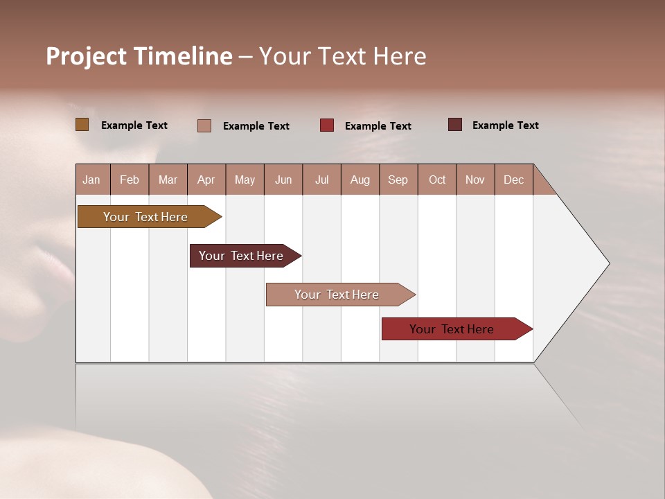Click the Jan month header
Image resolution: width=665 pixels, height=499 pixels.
92,180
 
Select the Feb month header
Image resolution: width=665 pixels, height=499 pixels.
130,180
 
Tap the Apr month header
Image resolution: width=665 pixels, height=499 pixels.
206,180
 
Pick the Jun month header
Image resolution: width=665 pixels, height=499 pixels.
283,180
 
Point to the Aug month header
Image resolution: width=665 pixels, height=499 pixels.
360,180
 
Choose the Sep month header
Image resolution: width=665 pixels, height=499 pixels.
398,180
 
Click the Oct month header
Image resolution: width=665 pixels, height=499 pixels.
437,180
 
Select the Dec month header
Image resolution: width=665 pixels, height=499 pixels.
514,180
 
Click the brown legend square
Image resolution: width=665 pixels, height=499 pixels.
82,125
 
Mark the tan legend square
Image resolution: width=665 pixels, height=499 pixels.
204,125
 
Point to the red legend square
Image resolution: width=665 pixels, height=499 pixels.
327,125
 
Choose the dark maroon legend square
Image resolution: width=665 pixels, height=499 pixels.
455,125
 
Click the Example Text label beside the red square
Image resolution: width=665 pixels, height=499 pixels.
378,126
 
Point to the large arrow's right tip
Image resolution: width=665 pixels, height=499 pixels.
608,263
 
